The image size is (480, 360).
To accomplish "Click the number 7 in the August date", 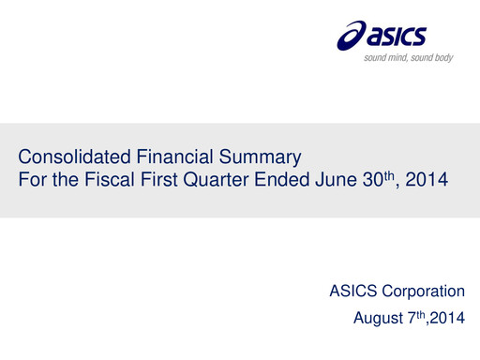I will coord(411,319).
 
